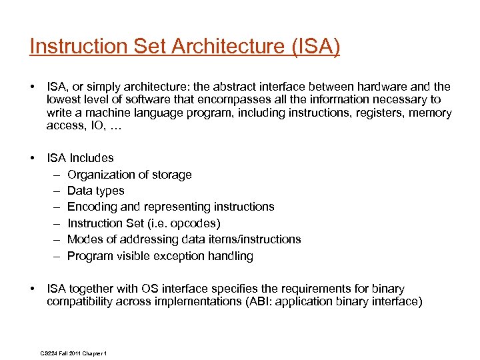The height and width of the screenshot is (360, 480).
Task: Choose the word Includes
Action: point(93,158)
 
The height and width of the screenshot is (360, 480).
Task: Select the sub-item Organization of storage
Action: point(129,175)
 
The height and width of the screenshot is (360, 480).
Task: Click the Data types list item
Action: point(96,191)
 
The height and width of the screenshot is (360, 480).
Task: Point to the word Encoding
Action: point(91,207)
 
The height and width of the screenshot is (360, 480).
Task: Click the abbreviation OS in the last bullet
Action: point(149,289)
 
